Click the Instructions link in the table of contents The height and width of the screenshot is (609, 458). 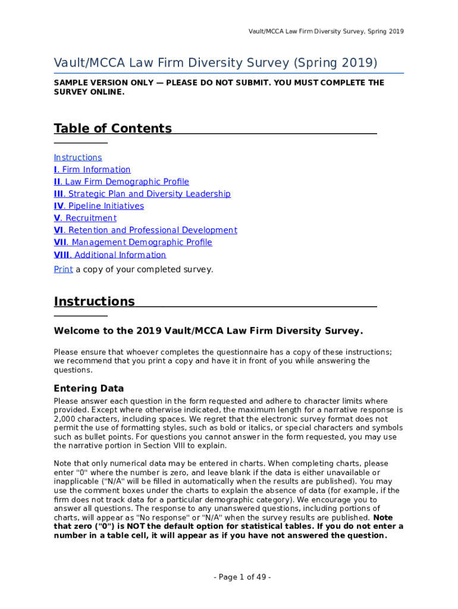(x=78, y=158)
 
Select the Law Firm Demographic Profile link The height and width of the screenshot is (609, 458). (x=121, y=182)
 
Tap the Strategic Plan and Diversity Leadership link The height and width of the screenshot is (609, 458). (x=142, y=194)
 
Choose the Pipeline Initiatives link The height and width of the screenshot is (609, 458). (x=99, y=206)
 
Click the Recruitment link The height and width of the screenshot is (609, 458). (x=85, y=218)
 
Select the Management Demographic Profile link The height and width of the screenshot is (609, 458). (x=133, y=243)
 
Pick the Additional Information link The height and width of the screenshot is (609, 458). (x=110, y=255)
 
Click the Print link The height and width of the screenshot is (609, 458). (x=63, y=269)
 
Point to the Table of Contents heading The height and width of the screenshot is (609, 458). (x=113, y=128)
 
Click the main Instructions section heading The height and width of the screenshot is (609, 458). (x=95, y=302)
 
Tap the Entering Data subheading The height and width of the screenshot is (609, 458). (x=89, y=389)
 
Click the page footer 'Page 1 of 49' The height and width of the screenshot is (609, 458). (x=229, y=577)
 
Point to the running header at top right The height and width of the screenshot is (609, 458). (x=326, y=31)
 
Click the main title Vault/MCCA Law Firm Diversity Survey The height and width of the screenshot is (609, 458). (x=215, y=63)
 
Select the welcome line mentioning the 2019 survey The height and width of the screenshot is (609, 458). (x=208, y=331)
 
